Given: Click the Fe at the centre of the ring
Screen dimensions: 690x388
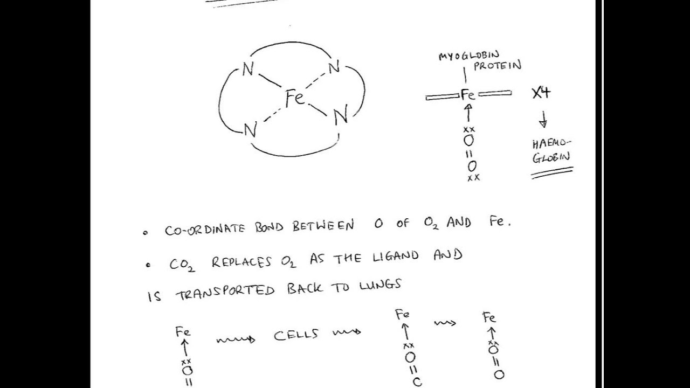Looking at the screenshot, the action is point(295,98).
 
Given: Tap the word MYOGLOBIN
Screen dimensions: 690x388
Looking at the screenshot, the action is point(468,55).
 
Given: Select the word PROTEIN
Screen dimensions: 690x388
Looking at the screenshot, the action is point(497,66).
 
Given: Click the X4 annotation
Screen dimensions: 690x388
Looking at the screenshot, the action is point(541,93).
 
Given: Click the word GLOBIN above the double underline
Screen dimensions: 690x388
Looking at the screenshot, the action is point(551,158).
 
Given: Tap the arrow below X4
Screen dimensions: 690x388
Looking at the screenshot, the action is point(543,119).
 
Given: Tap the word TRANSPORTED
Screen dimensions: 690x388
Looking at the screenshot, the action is point(225,292).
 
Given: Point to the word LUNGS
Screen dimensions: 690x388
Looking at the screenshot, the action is point(380,286).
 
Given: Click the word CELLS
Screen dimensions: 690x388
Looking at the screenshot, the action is point(296,335).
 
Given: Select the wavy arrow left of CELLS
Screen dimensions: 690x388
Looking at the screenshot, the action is point(236,339).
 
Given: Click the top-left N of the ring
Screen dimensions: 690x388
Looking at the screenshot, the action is point(247,70).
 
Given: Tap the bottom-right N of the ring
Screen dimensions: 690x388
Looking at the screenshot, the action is point(340,116).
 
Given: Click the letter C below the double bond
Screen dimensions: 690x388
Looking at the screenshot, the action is point(417,382).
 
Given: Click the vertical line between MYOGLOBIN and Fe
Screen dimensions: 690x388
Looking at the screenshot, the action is point(464,75).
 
